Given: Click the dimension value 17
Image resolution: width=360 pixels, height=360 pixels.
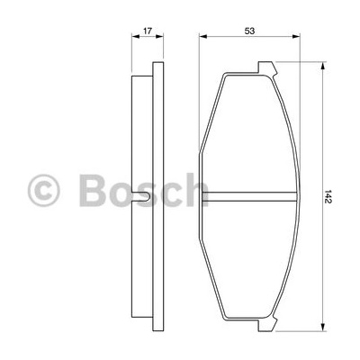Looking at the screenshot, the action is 148,31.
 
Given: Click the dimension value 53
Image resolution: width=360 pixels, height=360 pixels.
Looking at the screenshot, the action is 249,31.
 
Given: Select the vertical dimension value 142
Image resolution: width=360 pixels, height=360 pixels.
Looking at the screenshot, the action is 328,197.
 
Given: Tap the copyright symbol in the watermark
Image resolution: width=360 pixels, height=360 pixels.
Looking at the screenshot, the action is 44,191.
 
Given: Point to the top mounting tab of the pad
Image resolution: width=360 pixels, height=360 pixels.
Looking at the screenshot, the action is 266,67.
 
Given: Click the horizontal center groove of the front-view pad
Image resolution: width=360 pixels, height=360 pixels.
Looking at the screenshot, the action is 249,196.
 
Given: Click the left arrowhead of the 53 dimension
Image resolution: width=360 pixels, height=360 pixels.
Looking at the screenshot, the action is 203,37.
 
